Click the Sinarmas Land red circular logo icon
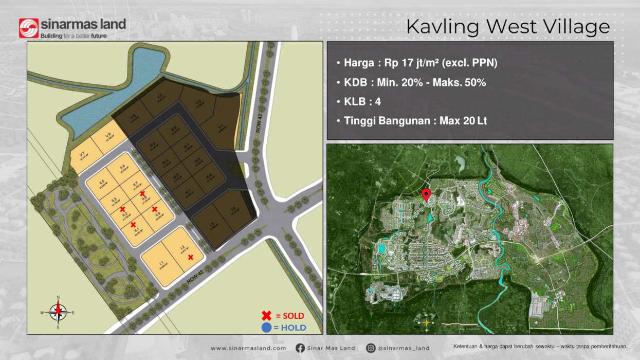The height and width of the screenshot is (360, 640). (x=29, y=28)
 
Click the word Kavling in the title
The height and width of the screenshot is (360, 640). (x=443, y=27)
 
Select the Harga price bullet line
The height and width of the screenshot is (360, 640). (x=417, y=63)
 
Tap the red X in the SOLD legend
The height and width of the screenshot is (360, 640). (x=266, y=315)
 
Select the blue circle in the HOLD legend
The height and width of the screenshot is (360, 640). (x=266, y=328)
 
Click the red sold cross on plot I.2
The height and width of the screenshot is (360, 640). (x=191, y=257)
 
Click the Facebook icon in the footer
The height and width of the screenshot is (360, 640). (x=300, y=348)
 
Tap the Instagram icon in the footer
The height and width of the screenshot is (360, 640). (x=371, y=348)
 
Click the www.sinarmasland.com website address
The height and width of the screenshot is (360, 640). (x=248, y=348)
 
